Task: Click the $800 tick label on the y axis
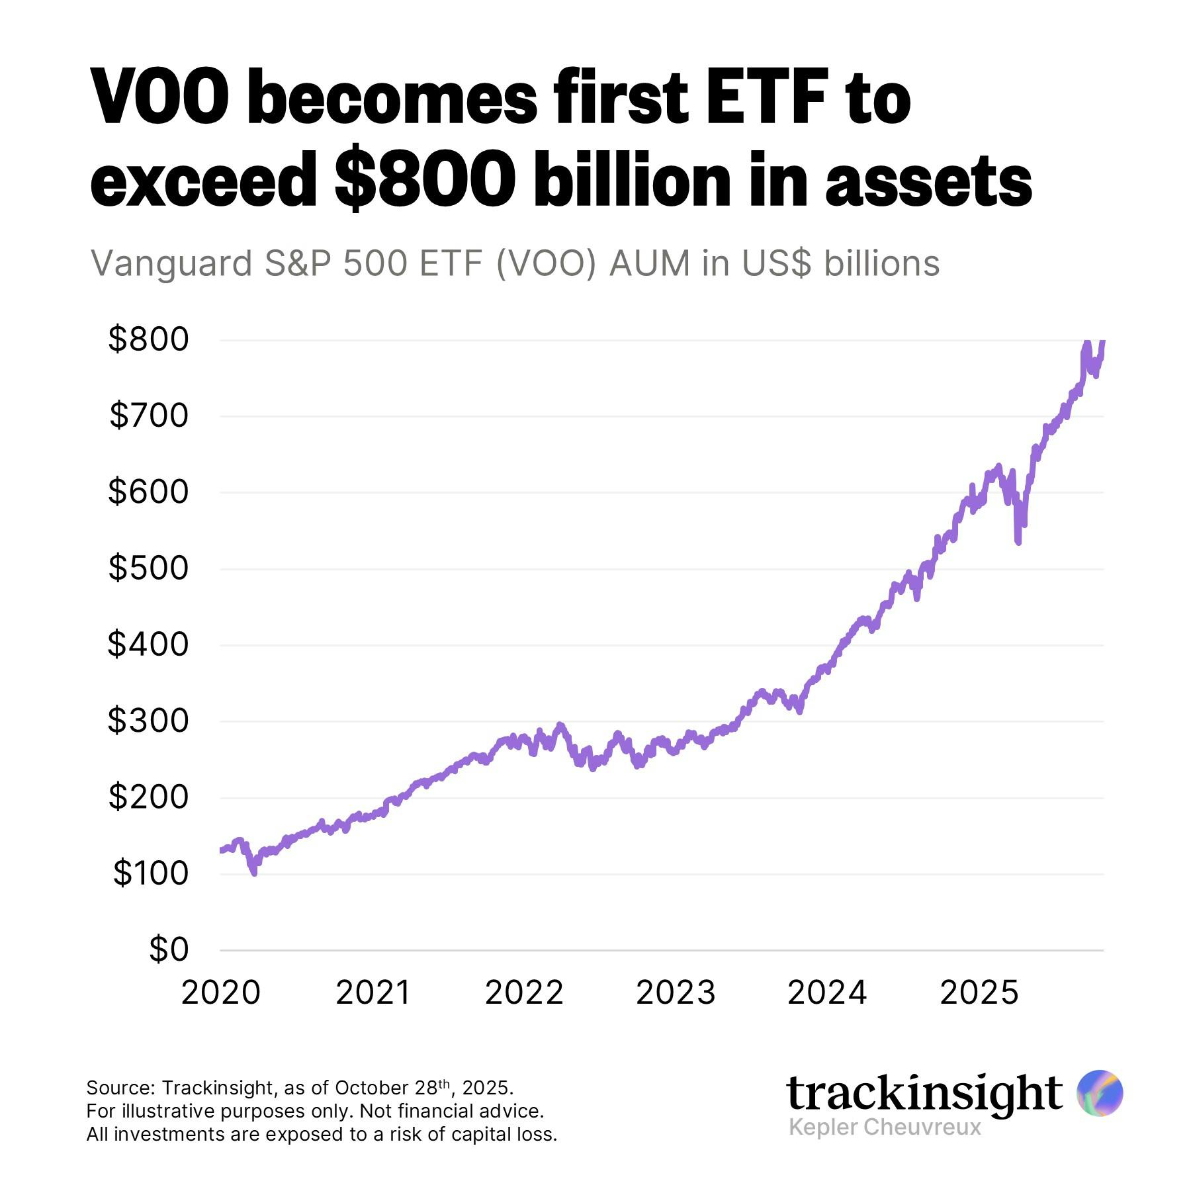click(148, 339)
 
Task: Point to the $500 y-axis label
click(148, 568)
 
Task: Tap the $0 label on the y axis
click(169, 949)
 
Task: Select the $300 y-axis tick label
click(148, 721)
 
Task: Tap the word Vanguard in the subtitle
click(171, 263)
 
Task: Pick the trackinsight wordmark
click(924, 1093)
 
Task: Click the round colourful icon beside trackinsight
click(1099, 1093)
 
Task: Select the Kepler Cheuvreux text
click(885, 1127)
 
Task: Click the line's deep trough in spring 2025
click(1018, 542)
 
